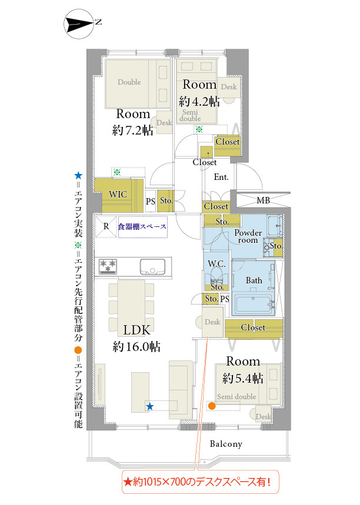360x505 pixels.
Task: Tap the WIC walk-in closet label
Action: (118, 195)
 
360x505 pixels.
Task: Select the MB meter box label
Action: (264, 200)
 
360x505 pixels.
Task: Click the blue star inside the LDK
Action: (149, 406)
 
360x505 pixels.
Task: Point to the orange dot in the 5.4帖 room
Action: (212, 406)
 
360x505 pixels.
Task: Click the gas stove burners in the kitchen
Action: (108, 266)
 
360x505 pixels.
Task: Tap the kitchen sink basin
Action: (152, 267)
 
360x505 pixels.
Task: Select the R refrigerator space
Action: (106, 226)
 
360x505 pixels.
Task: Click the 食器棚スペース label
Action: (142, 227)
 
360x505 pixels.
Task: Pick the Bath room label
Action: (254, 280)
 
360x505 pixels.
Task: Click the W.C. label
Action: (216, 264)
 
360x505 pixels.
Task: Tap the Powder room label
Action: (248, 236)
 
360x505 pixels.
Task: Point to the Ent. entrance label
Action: (221, 177)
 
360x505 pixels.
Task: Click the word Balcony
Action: (226, 444)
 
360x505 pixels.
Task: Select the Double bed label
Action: (129, 82)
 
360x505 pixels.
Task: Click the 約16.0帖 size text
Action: (136, 347)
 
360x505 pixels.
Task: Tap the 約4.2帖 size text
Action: (199, 102)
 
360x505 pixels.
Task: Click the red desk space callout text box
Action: (200, 482)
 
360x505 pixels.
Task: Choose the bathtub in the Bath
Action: (254, 304)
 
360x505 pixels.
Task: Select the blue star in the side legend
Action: (78, 176)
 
